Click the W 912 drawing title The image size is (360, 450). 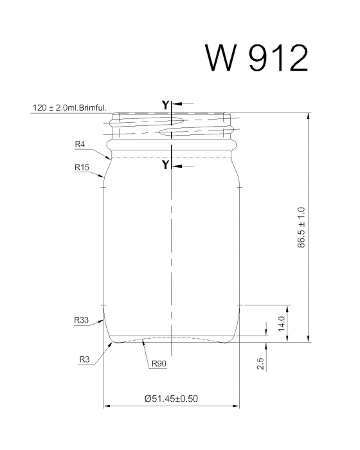[256, 58]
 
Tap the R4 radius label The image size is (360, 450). [80, 145]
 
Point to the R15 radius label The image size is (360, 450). [81, 167]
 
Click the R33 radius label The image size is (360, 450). [81, 319]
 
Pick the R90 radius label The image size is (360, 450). [159, 364]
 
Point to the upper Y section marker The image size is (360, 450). [165, 104]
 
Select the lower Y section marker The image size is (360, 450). [165, 165]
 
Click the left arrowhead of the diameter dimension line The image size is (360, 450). [107, 406]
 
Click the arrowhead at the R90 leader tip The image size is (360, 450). [142, 342]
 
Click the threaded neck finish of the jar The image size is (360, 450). [172, 127]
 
